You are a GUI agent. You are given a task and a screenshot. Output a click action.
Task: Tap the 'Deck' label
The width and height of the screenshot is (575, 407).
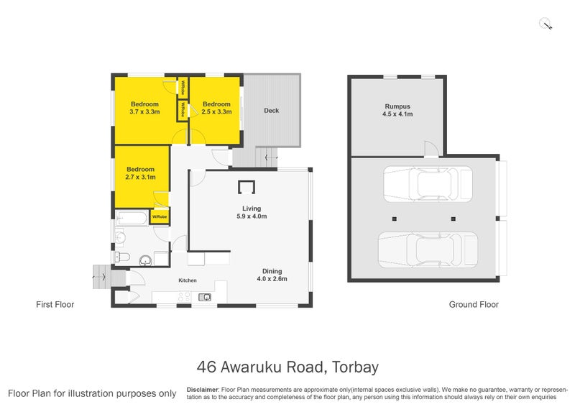(x=271, y=111)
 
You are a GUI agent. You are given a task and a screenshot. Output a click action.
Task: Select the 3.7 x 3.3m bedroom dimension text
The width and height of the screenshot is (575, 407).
(x=144, y=112)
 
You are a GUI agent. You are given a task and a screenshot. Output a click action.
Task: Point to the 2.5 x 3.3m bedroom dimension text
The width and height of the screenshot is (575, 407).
(x=216, y=112)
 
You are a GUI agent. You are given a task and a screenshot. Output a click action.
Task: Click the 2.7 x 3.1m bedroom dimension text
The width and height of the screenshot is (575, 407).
(x=140, y=177)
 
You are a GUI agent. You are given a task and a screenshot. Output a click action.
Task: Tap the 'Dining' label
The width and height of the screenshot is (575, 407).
(x=272, y=271)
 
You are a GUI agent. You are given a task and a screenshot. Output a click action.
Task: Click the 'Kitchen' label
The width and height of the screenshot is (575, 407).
(x=188, y=280)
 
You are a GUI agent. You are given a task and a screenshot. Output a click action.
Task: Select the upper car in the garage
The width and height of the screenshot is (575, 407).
(x=427, y=184)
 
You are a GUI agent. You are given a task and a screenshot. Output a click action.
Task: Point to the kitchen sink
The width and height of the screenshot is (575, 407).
(x=205, y=296)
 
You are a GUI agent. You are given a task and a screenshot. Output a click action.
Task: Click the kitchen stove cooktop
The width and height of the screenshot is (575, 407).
(x=184, y=296)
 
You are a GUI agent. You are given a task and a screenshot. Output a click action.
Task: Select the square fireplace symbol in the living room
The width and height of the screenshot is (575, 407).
(x=246, y=187)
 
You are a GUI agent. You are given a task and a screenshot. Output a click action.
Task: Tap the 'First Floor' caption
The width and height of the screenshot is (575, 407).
(x=55, y=305)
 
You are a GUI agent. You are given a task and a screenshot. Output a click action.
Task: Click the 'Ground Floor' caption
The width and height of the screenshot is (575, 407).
(x=474, y=305)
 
